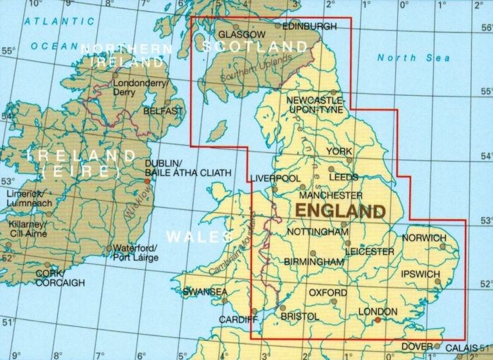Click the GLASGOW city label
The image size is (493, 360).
coord(242,34)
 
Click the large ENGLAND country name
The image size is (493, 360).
coord(341,211)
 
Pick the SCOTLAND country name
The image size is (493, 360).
coord(255,46)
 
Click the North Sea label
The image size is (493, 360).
coord(406,58)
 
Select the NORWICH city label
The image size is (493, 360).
coord(424,238)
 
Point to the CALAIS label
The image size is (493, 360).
coord(461,347)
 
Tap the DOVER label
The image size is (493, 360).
coord(417,347)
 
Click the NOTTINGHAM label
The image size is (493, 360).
coord(319,232)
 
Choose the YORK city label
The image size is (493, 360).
coord(339,151)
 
